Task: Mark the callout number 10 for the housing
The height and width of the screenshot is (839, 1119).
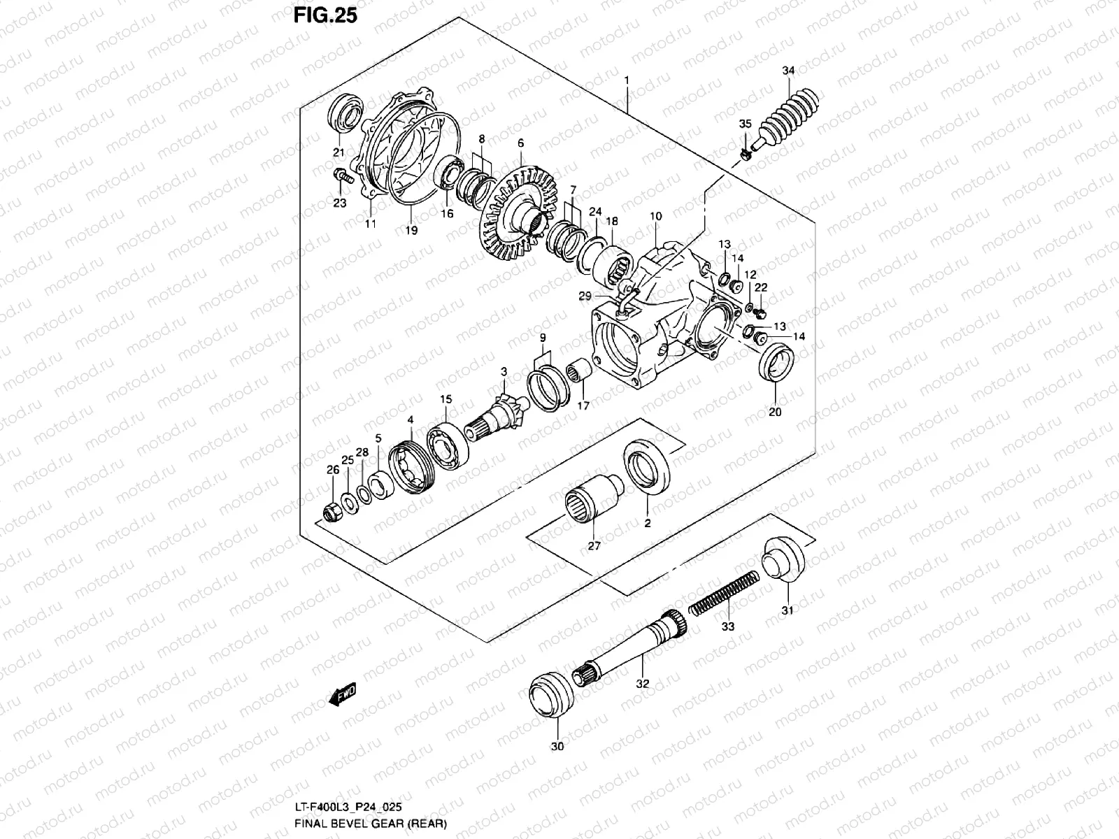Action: pyautogui.click(x=655, y=217)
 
